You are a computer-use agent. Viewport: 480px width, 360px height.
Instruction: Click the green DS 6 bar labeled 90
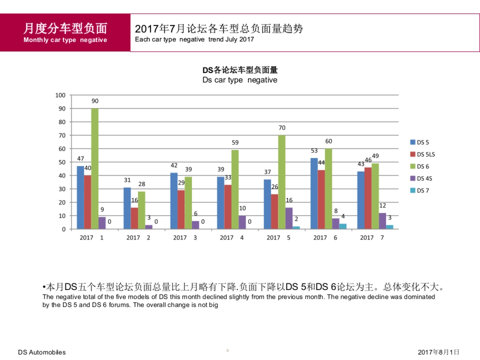tap(95, 168)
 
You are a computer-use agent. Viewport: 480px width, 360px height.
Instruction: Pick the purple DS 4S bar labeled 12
tap(382, 221)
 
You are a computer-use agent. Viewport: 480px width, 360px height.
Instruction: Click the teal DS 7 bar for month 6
tap(343, 226)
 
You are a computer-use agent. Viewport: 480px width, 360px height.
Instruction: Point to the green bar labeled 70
tap(282, 182)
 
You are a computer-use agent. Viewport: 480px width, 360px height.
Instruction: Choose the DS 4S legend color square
tap(413, 178)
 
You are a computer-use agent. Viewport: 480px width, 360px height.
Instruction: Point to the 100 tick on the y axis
tap(60, 95)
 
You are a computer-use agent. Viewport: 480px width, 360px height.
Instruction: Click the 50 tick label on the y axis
tap(62, 162)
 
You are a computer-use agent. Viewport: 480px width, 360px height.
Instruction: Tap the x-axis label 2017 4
tap(232, 238)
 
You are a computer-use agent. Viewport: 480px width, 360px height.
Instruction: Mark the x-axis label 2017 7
tap(372, 238)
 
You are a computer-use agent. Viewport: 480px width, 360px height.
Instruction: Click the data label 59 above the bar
tap(235, 142)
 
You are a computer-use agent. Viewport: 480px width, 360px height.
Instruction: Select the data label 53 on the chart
tap(314, 150)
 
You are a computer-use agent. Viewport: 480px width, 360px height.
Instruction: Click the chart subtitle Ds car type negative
tap(240, 80)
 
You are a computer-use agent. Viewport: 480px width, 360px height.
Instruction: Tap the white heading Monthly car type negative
tap(65, 40)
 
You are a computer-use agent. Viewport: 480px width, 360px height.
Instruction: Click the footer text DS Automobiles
tap(42, 352)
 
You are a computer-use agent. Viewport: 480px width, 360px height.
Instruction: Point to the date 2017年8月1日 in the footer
tap(438, 352)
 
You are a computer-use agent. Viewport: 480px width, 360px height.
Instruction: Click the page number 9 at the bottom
tap(228, 351)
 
